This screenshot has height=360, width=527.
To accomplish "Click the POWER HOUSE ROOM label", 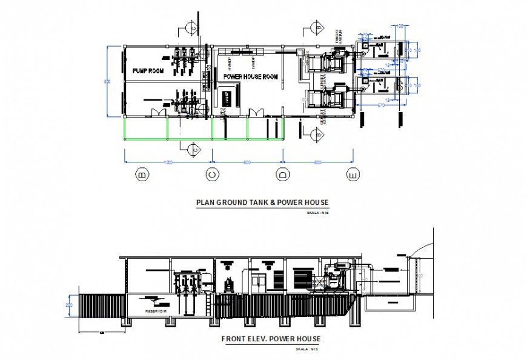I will (250, 77).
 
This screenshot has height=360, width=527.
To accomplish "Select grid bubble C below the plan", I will (212, 176).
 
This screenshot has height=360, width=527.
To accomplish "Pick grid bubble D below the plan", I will (283, 176).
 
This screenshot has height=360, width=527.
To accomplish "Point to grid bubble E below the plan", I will (353, 176).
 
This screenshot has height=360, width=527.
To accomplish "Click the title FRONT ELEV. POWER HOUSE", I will (270, 339).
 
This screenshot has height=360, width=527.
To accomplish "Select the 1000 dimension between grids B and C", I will (168, 161).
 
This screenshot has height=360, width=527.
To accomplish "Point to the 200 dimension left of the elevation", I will (69, 305).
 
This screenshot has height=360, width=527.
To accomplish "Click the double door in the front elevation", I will (258, 281).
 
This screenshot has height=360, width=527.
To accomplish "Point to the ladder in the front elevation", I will (208, 304).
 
